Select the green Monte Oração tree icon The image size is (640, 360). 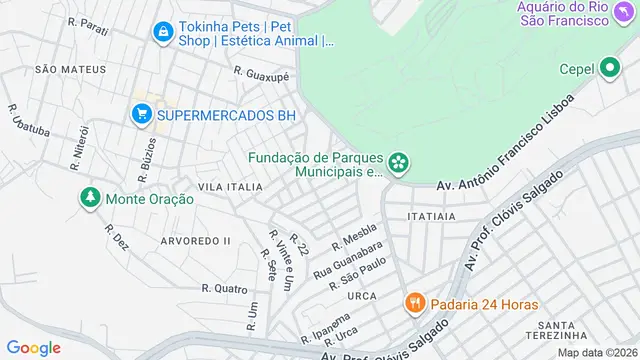tap(90, 198)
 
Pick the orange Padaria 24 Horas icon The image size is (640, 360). tap(411, 302)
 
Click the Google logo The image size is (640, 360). tap(34, 347)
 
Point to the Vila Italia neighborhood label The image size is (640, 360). tap(230, 187)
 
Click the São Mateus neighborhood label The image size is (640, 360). tap(70, 69)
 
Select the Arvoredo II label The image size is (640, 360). tap(195, 241)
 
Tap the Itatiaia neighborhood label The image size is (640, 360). tap(432, 215)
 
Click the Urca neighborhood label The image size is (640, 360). tap(361, 297)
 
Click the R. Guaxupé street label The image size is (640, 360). tap(261, 73)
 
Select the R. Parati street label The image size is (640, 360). tap(89, 21)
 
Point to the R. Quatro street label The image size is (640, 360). tap(224, 288)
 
